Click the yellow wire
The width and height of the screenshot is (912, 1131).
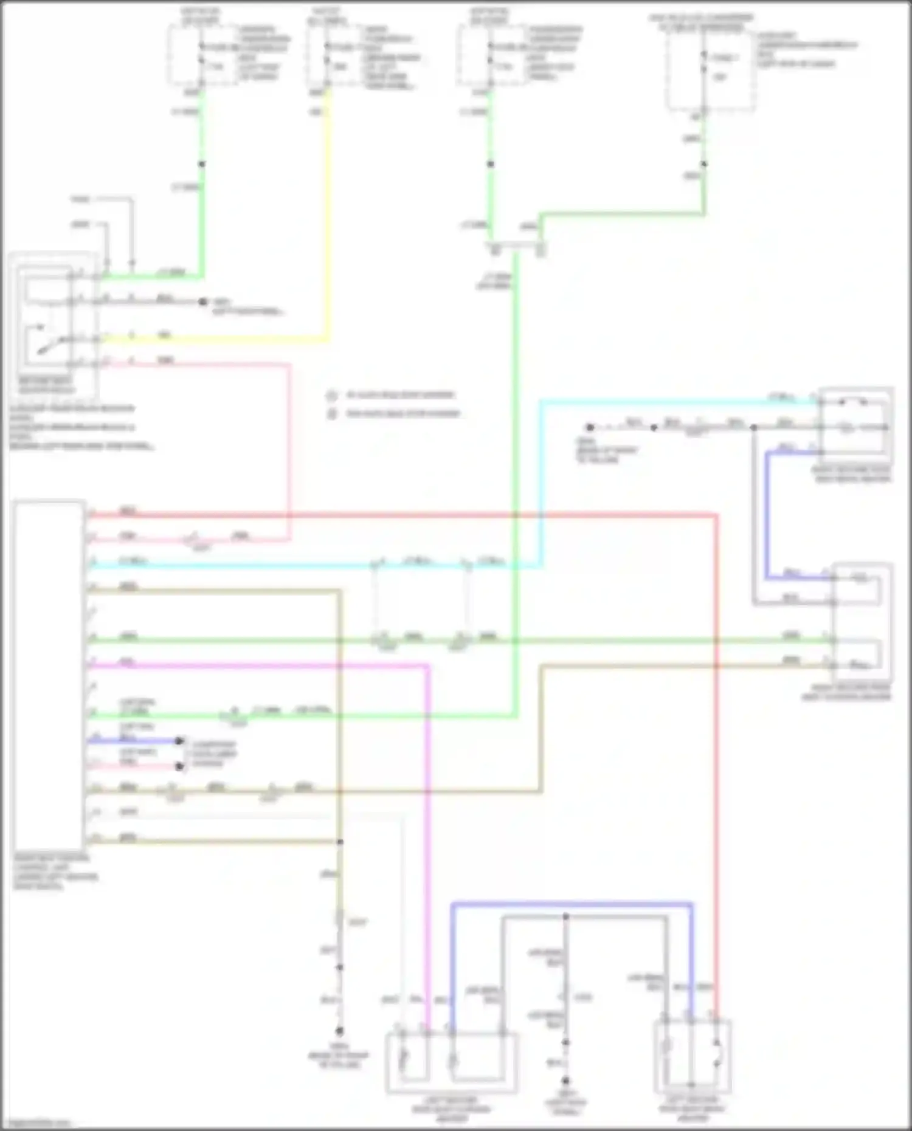pyautogui.click(x=328, y=213)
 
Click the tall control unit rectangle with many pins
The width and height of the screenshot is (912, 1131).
pyautogui.click(x=49, y=675)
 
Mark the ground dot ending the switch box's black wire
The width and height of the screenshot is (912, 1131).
pyautogui.click(x=203, y=301)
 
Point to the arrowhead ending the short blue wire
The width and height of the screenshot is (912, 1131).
pyautogui.click(x=179, y=741)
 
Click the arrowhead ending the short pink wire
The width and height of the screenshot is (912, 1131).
pyautogui.click(x=179, y=766)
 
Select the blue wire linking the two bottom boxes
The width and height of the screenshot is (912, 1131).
pyautogui.click(x=572, y=904)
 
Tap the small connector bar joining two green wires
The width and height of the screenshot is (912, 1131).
pyautogui.click(x=516, y=247)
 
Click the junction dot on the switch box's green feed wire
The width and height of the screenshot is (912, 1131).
pyautogui.click(x=201, y=164)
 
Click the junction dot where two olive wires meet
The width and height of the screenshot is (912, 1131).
pyautogui.click(x=340, y=842)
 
